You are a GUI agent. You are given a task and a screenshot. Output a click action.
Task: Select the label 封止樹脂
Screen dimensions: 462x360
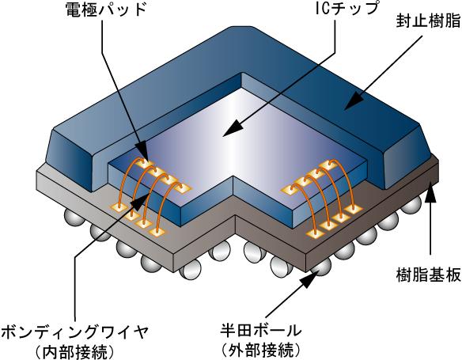click(428, 21)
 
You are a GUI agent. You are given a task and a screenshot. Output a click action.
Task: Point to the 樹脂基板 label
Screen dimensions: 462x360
click(428, 275)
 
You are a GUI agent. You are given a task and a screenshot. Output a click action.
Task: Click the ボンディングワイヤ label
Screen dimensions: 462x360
click(74, 333)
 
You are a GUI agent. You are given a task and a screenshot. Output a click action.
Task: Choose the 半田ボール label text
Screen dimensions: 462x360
click(261, 331)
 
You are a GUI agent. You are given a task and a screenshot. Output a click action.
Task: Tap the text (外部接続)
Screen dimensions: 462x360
click(261, 350)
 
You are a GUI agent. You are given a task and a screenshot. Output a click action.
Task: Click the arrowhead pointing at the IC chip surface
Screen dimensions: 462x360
click(232, 129)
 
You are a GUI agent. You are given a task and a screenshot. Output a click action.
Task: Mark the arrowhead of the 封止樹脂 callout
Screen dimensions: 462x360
click(354, 100)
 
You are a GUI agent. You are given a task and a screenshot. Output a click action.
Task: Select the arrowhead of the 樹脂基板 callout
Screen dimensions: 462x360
click(430, 191)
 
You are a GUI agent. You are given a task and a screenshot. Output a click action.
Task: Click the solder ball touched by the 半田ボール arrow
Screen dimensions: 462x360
click(322, 266)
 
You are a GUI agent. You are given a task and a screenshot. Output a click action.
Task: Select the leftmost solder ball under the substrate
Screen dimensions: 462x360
click(73, 218)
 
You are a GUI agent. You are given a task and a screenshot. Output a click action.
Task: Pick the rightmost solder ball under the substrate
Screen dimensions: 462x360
click(411, 205)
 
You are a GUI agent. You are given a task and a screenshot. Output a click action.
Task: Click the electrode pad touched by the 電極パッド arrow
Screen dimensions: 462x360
click(145, 164)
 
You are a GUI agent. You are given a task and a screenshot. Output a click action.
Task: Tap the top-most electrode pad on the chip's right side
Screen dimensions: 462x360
click(329, 165)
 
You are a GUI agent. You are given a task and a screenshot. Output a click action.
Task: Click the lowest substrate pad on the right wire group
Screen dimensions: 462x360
click(315, 234)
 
